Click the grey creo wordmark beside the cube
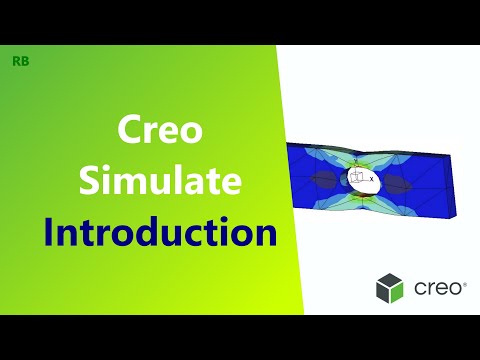(438, 289)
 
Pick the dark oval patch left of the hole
(323, 180)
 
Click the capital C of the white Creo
(125, 131)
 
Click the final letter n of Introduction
(267, 237)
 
